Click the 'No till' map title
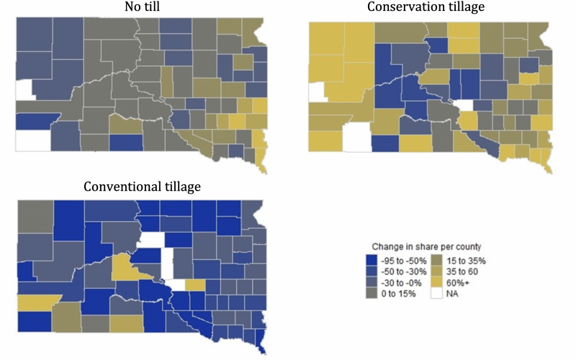[x=140, y=7]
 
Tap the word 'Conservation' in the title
[x=400, y=7]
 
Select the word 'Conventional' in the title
[x=118, y=186]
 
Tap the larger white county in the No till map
[x=33, y=140]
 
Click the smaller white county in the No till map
[x=24, y=89]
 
